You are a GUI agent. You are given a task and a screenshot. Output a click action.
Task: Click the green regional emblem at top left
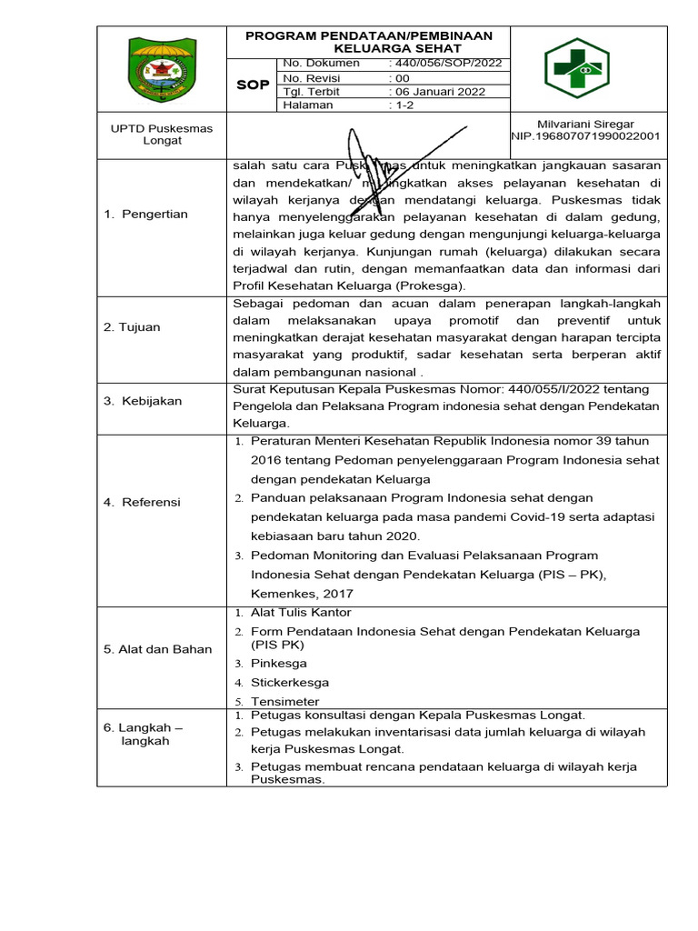pyautogui.click(x=161, y=69)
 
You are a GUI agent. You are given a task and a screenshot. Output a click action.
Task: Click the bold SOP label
pyautogui.click(x=253, y=85)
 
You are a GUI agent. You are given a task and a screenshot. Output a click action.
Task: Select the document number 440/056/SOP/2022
pyautogui.click(x=445, y=64)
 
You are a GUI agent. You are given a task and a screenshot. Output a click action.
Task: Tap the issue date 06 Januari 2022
pyautogui.click(x=439, y=92)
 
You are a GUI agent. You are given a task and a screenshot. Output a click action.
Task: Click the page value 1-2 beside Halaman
pyautogui.click(x=401, y=105)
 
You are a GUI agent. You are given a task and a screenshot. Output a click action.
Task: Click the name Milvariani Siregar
pyautogui.click(x=586, y=124)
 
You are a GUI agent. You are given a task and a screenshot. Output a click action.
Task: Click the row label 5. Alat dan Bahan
pyautogui.click(x=157, y=649)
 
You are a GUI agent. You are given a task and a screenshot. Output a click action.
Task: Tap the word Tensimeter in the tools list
pyautogui.click(x=284, y=702)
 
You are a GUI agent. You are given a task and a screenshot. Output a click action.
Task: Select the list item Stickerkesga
pyautogui.click(x=290, y=683)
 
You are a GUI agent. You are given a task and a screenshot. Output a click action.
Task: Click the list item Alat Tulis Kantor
pyautogui.click(x=301, y=613)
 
